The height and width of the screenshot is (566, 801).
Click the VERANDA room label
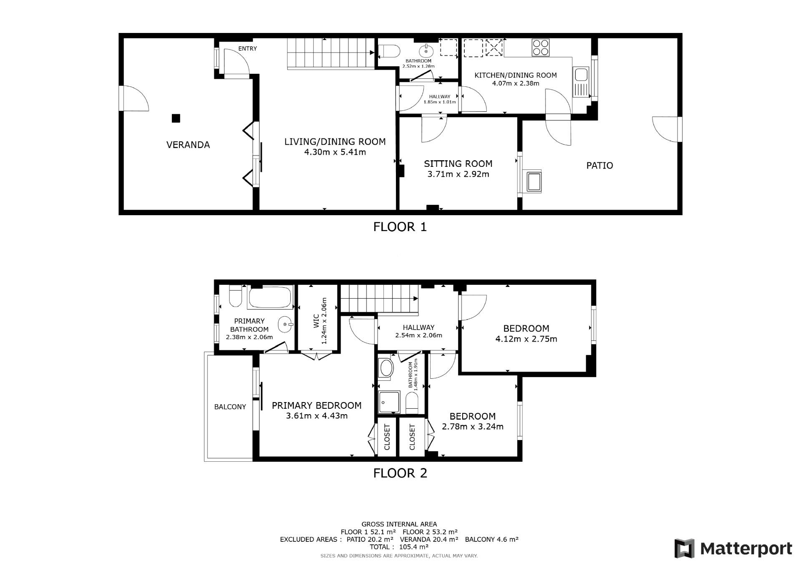tap(188, 145)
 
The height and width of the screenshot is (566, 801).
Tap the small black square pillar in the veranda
tap(176, 118)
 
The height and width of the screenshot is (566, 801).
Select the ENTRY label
tap(247, 48)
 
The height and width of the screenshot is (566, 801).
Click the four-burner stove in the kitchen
tap(541, 48)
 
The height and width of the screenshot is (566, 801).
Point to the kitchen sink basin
tap(581, 75)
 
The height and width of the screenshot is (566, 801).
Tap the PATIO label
tap(599, 166)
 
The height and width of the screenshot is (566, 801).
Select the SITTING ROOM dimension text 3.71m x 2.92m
tap(458, 174)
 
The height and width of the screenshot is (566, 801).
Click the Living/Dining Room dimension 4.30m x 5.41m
tap(335, 152)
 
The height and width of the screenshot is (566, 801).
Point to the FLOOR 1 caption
tap(400, 227)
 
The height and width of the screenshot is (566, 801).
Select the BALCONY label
tap(230, 407)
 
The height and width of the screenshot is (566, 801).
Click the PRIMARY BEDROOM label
tap(317, 405)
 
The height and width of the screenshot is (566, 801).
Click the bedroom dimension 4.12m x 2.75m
tap(526, 339)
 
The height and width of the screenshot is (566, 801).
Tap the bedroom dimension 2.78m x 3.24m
tap(473, 427)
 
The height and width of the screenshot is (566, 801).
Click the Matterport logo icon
tap(685, 548)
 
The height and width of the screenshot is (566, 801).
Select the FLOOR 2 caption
tap(400, 473)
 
